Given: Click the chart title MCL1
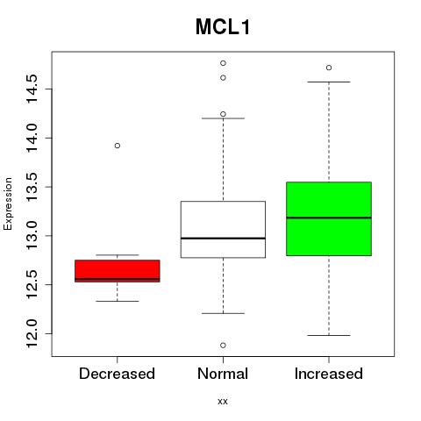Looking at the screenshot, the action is tap(223, 27).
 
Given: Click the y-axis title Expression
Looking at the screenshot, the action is tap(8, 203).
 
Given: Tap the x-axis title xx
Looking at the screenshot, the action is tap(223, 401).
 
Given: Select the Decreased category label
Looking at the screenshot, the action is tap(117, 374).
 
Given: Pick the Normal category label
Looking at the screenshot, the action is tap(223, 374).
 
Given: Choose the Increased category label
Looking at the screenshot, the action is tap(329, 374).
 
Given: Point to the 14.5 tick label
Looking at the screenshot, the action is tap(32, 89).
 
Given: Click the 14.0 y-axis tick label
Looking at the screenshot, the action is tap(32, 138).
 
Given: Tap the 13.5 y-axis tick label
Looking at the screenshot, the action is tap(32, 187).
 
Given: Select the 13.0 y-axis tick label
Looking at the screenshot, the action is tap(32, 236).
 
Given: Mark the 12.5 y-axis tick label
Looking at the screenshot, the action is tap(32, 284).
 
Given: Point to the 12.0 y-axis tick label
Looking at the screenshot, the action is tap(32, 333).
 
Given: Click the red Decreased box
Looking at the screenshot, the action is tap(118, 271).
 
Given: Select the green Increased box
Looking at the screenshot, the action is tap(329, 218).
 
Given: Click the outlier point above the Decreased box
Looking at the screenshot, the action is tap(118, 146).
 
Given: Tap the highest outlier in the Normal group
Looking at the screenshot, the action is tap(223, 63).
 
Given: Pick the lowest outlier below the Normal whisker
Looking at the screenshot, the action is tap(223, 346).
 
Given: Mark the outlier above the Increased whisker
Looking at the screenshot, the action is tap(329, 68).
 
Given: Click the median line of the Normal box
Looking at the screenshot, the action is tap(223, 239).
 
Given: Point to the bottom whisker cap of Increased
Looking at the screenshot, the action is tap(329, 335).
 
